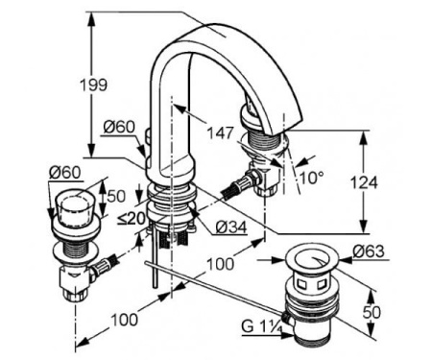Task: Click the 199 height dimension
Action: [93, 85]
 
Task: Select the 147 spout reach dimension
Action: [221, 133]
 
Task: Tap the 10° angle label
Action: [312, 177]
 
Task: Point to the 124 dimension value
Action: [364, 182]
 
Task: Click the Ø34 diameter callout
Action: [231, 228]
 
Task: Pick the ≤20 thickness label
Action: [132, 219]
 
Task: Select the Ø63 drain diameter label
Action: [369, 252]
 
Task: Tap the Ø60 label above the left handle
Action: [65, 173]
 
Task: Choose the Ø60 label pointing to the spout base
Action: [119, 128]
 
